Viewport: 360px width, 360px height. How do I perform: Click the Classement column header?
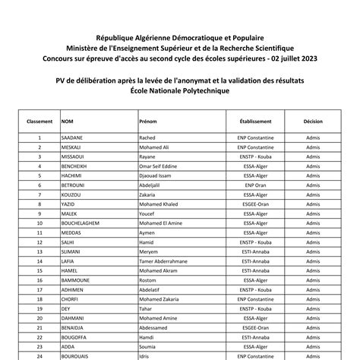coord(39,121)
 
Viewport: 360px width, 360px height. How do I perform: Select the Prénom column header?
coord(149,121)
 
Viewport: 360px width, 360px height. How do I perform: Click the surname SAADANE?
coord(71,137)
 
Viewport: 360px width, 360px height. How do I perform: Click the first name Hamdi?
coord(147,335)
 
